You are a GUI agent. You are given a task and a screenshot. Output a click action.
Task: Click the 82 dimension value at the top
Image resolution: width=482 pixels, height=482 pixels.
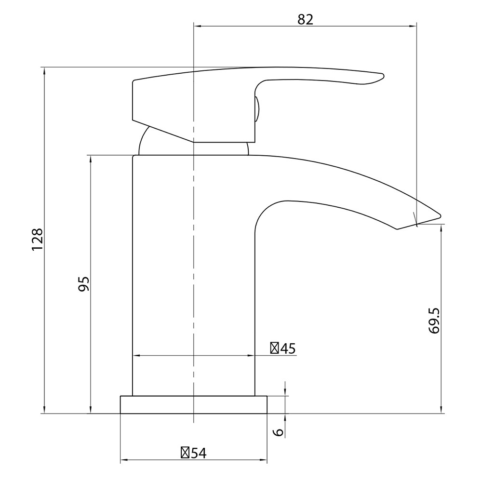(305, 19)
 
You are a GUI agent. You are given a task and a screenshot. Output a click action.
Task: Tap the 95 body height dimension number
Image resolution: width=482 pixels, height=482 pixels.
(83, 284)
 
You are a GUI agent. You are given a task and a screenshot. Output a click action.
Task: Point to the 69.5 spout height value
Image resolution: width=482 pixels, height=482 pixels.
(434, 319)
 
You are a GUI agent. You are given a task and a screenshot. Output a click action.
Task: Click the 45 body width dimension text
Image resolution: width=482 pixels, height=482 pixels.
(288, 348)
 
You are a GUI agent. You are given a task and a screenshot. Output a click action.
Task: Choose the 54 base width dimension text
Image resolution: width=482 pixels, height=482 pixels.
(198, 453)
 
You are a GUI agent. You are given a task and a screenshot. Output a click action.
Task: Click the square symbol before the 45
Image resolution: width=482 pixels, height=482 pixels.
(274, 348)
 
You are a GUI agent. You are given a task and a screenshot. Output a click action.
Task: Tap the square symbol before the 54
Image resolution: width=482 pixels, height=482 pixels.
(185, 453)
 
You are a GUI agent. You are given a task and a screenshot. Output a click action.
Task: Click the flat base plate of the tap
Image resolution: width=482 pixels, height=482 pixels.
(193, 405)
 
